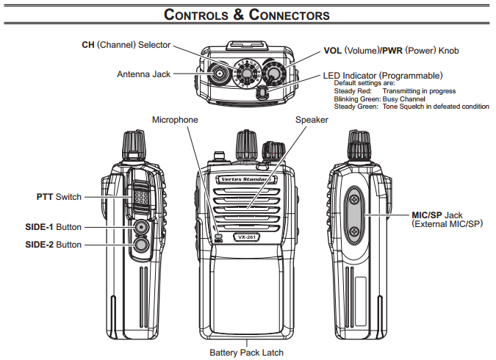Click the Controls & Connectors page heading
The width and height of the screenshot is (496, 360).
click(x=247, y=14)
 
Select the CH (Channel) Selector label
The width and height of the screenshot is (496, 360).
click(x=126, y=45)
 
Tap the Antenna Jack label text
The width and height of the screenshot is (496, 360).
click(x=143, y=74)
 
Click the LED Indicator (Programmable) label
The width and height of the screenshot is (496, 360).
click(x=382, y=75)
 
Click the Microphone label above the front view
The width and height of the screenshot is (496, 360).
click(x=175, y=119)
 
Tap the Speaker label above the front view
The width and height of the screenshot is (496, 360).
click(x=312, y=119)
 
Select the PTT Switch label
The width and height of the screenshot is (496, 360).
click(x=59, y=197)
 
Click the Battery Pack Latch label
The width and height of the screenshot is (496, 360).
click(x=247, y=353)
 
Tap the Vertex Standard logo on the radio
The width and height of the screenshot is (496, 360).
click(x=242, y=179)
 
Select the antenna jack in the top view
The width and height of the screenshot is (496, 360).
click(x=218, y=73)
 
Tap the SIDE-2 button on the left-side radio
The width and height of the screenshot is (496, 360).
click(x=140, y=245)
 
